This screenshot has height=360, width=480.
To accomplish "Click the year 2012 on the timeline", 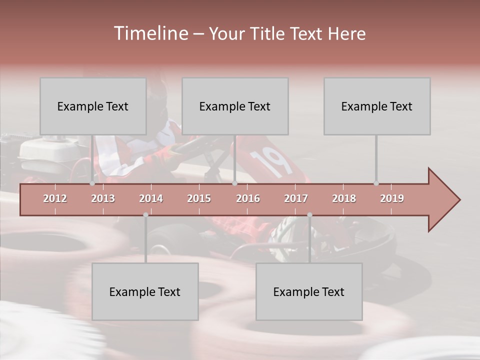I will [x=55, y=198].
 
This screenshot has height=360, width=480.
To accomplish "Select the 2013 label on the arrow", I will [x=103, y=198].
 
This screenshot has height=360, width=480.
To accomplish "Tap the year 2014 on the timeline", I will [x=151, y=198].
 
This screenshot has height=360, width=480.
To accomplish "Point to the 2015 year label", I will [x=199, y=198].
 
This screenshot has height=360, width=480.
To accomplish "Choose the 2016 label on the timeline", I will [x=248, y=198].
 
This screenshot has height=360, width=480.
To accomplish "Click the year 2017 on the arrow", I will [x=296, y=198].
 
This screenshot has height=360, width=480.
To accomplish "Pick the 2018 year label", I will [x=344, y=198].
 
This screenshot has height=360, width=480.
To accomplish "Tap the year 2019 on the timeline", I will [x=392, y=198].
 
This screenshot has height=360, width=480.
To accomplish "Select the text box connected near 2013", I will [x=93, y=106].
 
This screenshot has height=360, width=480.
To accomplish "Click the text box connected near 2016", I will [x=235, y=106].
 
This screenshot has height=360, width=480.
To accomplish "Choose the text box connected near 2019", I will [x=377, y=106].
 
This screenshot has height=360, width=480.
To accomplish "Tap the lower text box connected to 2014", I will [x=145, y=291].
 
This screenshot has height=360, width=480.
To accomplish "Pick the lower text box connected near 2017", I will [x=309, y=291].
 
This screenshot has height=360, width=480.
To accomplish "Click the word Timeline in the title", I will [x=150, y=33].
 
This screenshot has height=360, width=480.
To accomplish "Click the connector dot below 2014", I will [x=145, y=215].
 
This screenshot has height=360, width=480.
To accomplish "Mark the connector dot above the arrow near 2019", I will [x=376, y=183].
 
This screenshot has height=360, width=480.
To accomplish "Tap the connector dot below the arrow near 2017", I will [x=309, y=215].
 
